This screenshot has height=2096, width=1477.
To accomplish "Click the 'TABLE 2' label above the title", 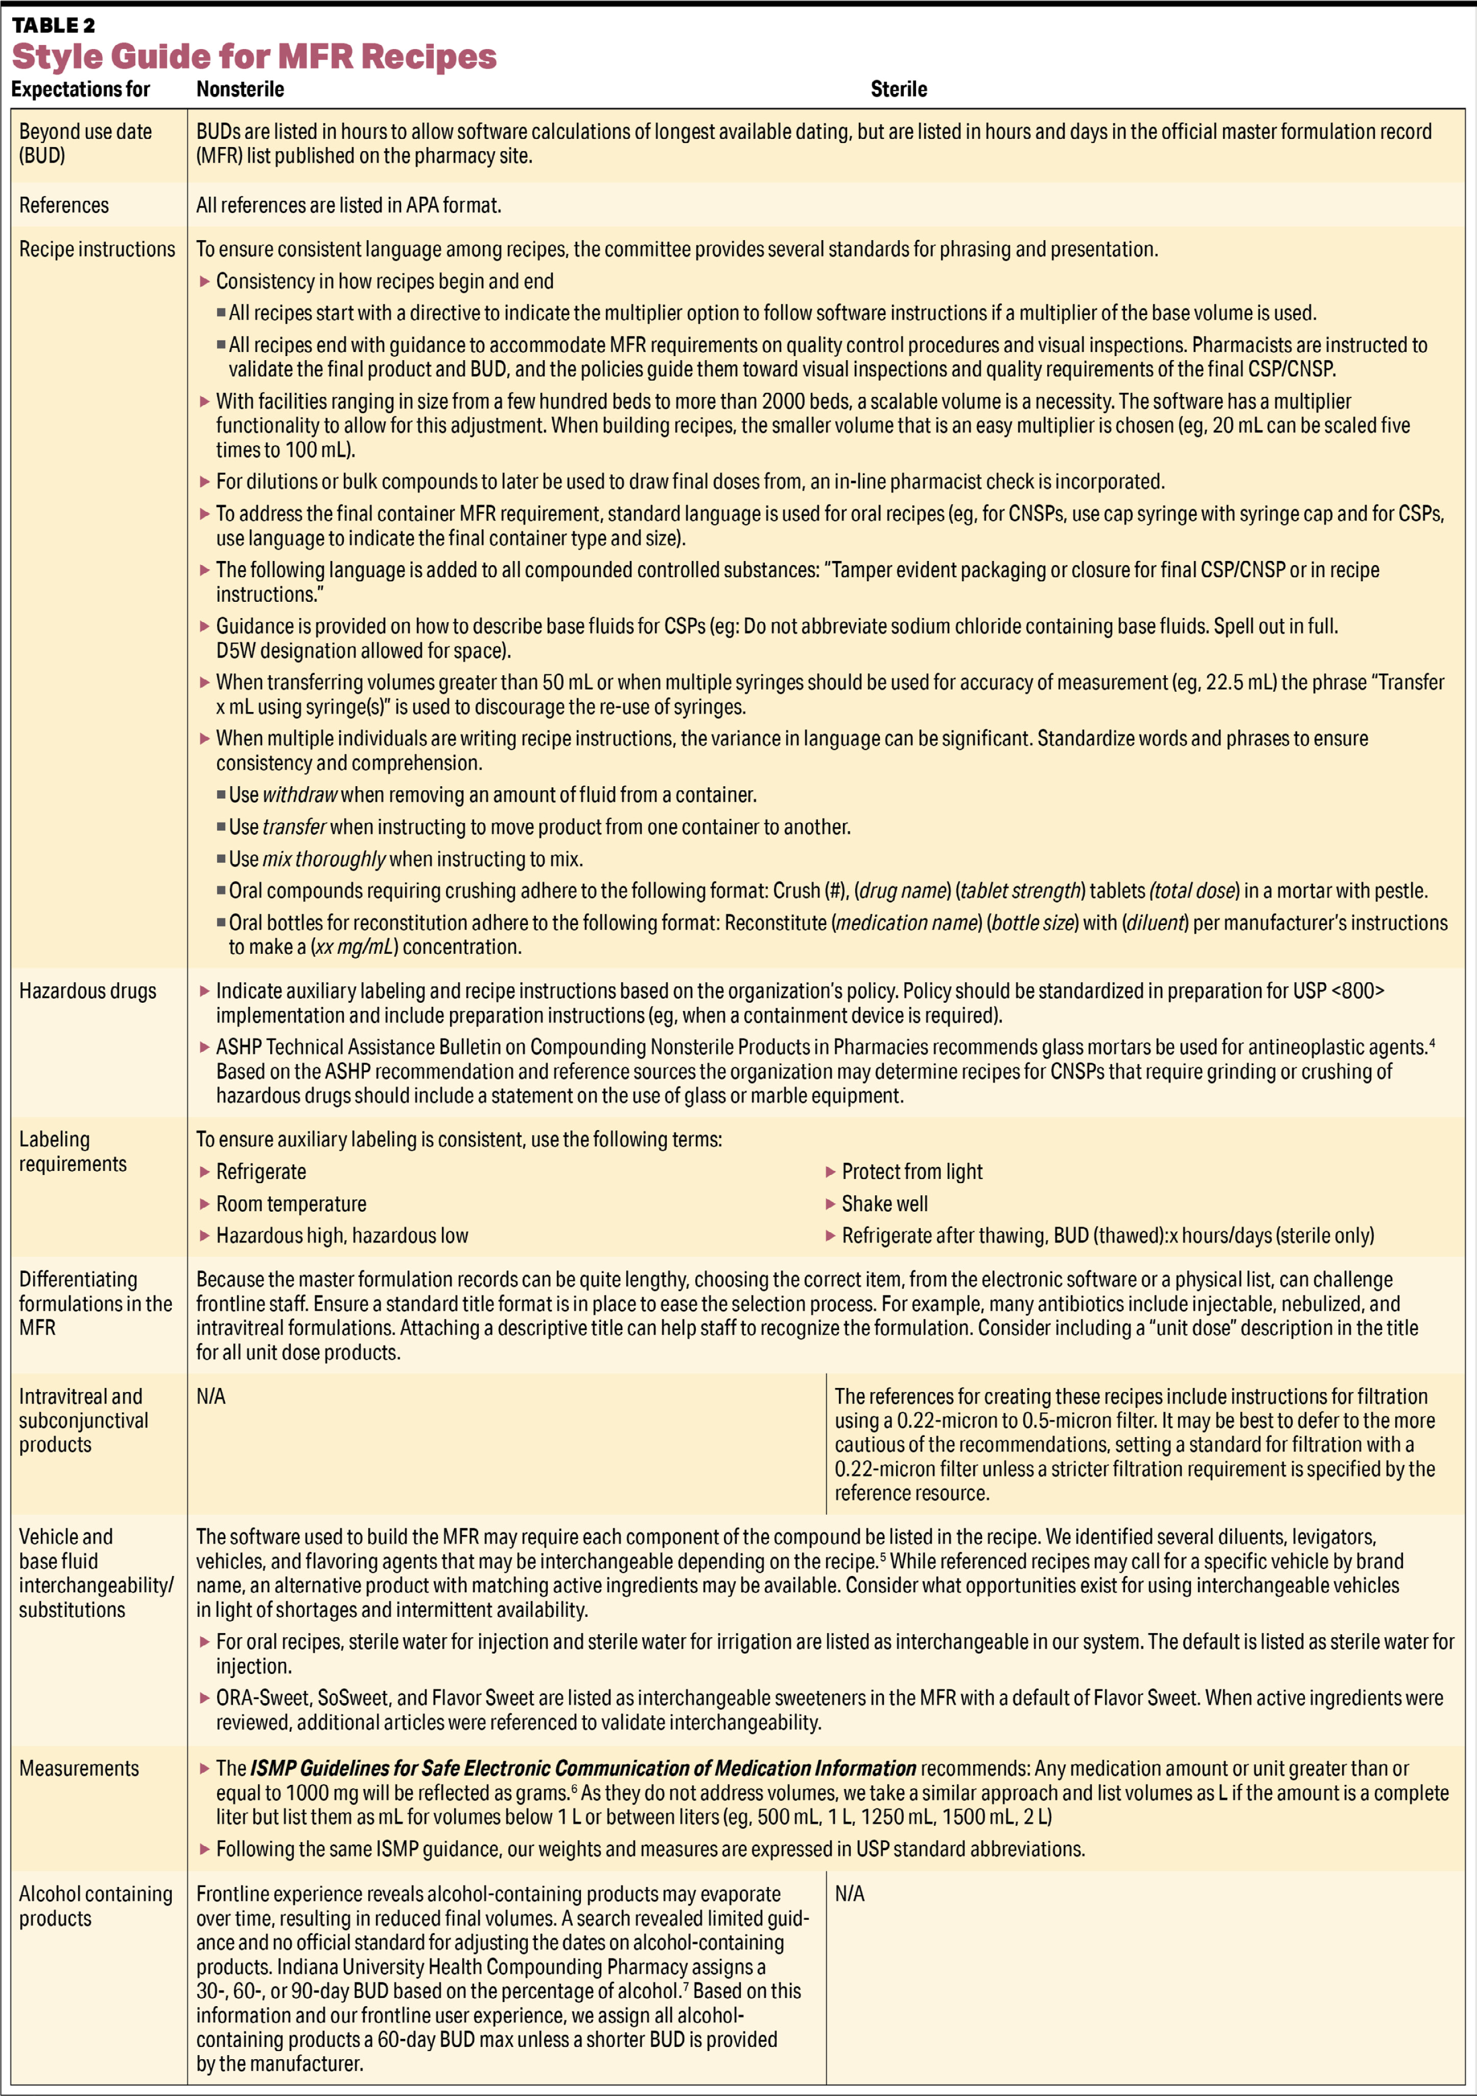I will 53,25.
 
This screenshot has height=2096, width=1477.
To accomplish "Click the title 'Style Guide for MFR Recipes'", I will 254,57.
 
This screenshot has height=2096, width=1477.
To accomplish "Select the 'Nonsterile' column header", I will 240,89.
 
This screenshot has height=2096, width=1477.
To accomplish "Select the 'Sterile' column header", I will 898,89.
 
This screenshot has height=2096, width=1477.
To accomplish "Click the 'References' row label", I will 64,205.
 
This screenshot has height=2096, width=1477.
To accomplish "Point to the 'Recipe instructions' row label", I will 97,249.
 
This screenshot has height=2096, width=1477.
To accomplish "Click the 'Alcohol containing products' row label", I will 95,1906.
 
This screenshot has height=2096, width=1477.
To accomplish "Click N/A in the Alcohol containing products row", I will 849,1894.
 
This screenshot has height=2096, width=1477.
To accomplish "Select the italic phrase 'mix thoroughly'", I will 324,859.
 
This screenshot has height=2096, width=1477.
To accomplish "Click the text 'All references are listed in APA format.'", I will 349,205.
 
